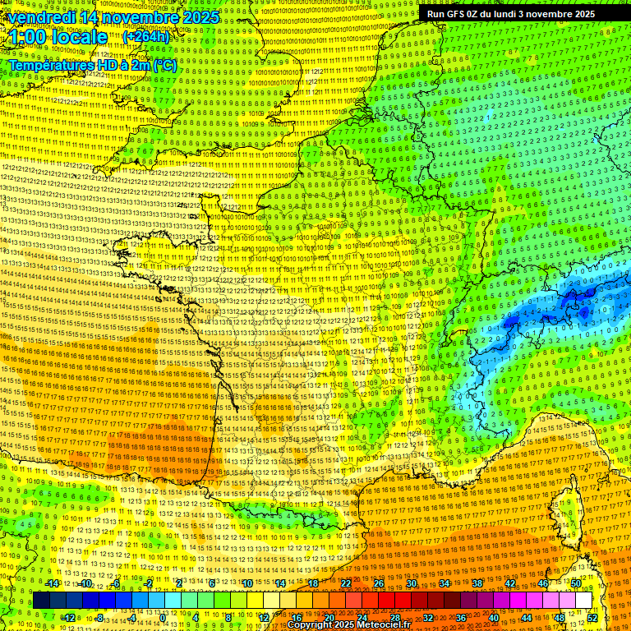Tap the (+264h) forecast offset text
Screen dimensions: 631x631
pyautogui.click(x=146, y=37)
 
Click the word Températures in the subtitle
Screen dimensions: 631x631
pyautogui.click(x=54, y=65)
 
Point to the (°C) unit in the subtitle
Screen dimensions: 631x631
pyautogui.click(x=164, y=65)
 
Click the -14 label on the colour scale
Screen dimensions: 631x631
pyautogui.click(x=53, y=583)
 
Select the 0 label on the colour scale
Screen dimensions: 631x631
pyautogui.click(x=164, y=617)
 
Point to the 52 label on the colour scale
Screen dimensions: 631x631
pyautogui.click(x=592, y=617)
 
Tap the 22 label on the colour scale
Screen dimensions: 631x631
pyautogui.click(x=346, y=583)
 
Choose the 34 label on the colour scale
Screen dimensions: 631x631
pyautogui.click(x=444, y=583)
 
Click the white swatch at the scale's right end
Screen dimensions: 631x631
pyautogui.click(x=583, y=601)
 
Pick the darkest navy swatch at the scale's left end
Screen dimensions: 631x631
pyautogui.click(x=41, y=601)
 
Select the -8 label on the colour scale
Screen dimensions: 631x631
pyautogui.click(x=100, y=617)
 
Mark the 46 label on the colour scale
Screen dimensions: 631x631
pyautogui.click(x=543, y=583)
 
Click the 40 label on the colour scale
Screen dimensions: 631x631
pyautogui.click(x=494, y=617)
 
